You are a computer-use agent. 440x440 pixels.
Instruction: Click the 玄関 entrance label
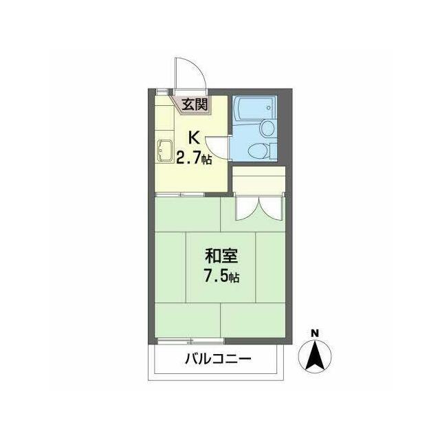pos(195,104)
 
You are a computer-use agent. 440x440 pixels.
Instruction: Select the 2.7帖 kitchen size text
pos(194,159)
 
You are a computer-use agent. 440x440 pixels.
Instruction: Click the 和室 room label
pos(221,256)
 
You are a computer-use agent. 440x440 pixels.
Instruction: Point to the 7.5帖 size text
pos(221,276)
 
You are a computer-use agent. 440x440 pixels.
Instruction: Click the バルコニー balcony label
pos(218,359)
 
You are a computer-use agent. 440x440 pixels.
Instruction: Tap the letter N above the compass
pos(315,333)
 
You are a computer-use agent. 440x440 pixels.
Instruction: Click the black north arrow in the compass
pos(315,355)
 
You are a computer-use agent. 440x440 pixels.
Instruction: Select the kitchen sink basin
pos(165,151)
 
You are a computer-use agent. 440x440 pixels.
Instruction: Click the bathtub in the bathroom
pos(254,108)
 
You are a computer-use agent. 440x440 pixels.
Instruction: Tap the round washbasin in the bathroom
pos(267,128)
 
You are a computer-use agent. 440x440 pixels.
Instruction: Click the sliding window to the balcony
pos(191,341)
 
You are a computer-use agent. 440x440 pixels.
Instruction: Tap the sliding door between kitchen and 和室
pos(179,194)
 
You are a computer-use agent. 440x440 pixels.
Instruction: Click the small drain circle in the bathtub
pos(269,107)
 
